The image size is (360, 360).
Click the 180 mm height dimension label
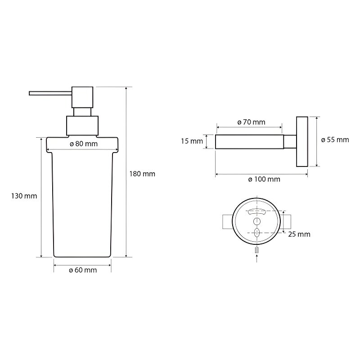point(142,174)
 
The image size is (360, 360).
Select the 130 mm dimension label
point(24,196)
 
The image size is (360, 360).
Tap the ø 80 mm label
point(84,144)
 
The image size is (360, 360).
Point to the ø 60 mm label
point(83,270)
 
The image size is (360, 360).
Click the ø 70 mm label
point(251,122)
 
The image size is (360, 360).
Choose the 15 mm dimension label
point(192,141)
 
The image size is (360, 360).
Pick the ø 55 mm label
point(335,139)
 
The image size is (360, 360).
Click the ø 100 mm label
point(264,179)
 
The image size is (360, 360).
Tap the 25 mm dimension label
point(299,234)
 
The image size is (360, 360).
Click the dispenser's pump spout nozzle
point(50,93)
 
